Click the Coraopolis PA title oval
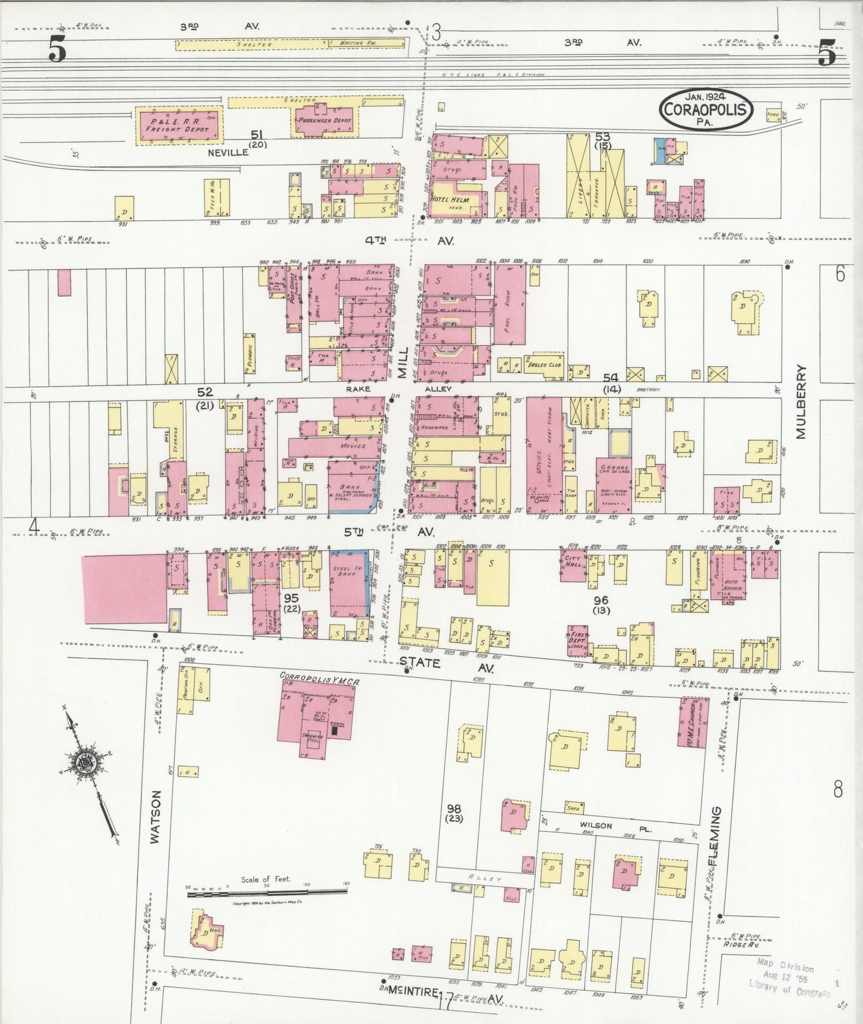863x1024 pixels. tap(706, 109)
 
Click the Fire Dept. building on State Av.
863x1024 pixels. tap(578, 641)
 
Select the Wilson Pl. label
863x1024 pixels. tap(595, 825)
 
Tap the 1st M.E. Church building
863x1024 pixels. tap(693, 722)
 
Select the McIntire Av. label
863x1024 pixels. tap(445, 996)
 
